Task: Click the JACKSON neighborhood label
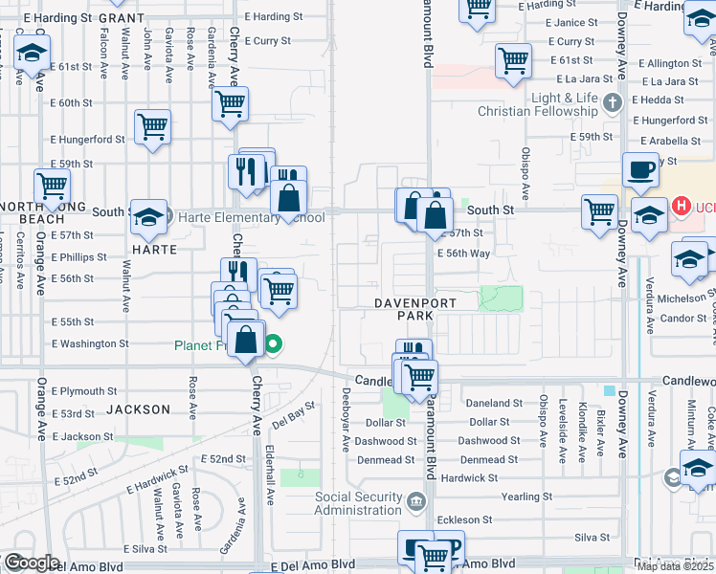[x=139, y=409]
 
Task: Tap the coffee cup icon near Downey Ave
[x=640, y=170]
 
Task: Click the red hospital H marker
[x=681, y=205]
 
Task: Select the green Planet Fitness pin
[x=274, y=344]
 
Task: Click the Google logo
[x=32, y=563]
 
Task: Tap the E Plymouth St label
[x=84, y=391]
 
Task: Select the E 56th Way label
[x=463, y=254]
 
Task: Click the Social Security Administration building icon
[x=416, y=500]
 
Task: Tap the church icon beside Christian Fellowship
[x=614, y=101]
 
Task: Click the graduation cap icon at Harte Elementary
[x=148, y=217]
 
